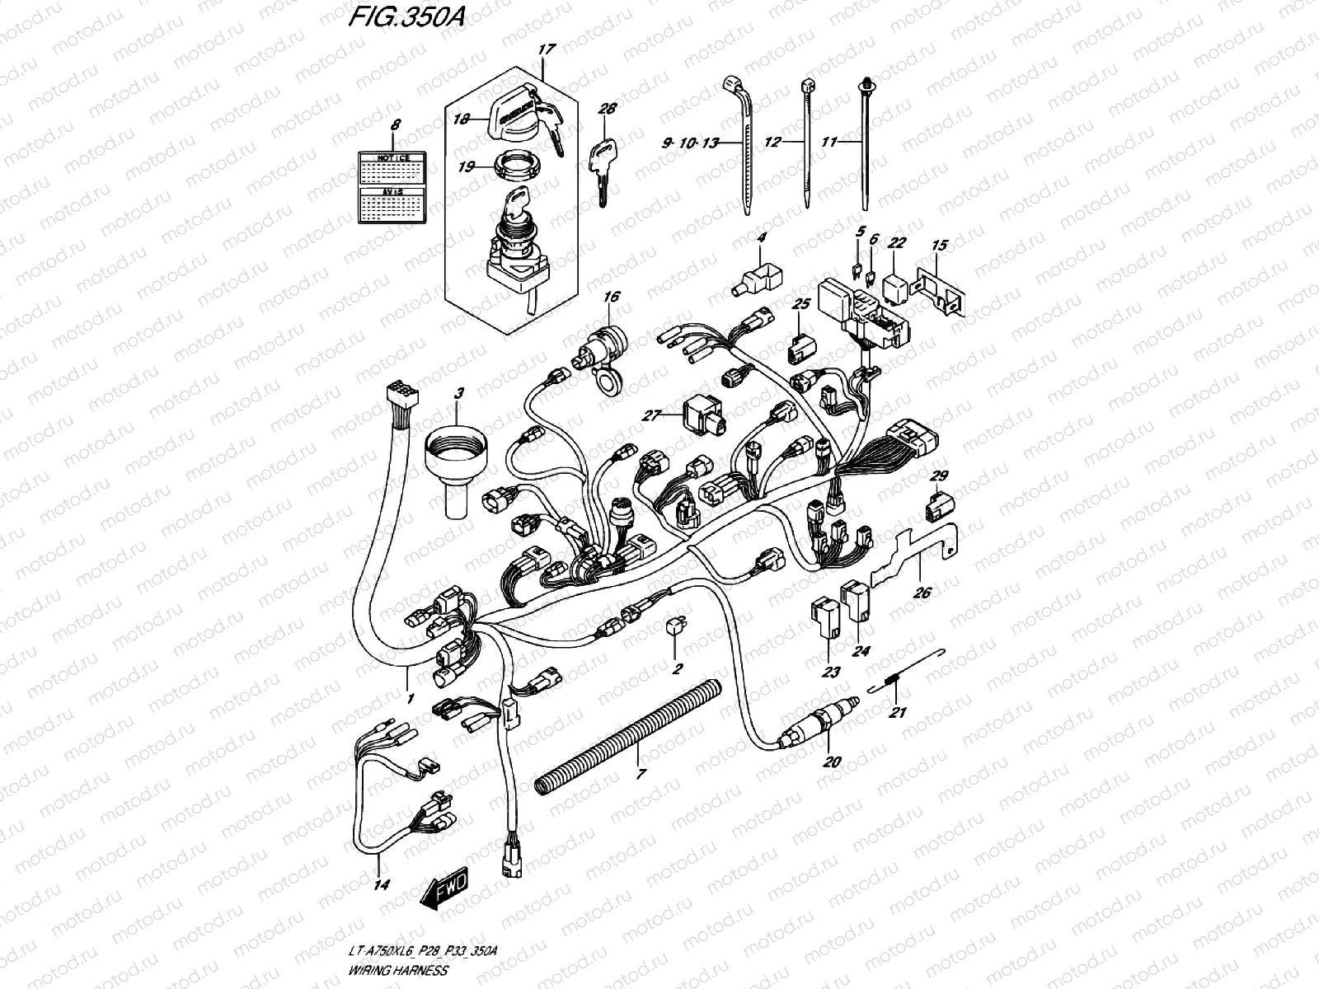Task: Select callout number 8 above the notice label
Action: click(395, 125)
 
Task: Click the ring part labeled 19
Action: click(518, 166)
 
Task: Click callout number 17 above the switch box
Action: click(544, 50)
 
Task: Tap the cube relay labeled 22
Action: click(896, 282)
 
